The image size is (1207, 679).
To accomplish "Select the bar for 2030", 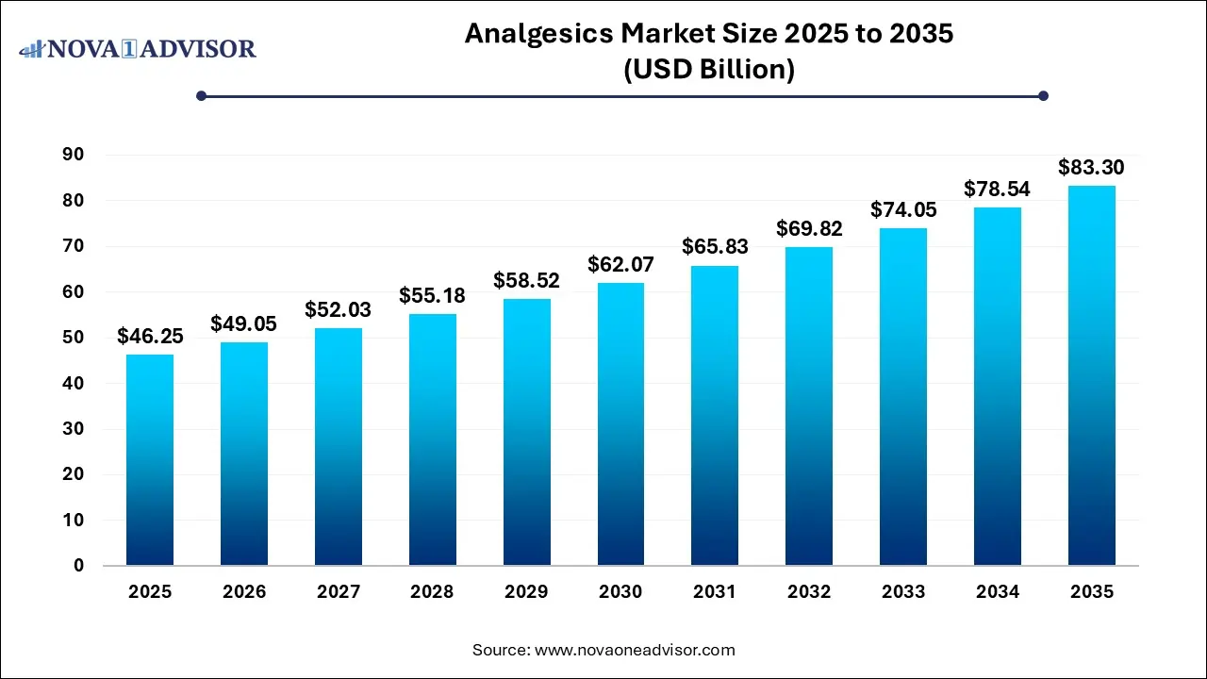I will click(620, 424).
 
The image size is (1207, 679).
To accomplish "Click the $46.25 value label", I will click(150, 336).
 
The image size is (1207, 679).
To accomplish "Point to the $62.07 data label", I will click(620, 264).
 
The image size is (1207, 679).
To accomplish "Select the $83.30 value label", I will click(1091, 168).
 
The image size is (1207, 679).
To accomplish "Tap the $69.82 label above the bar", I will click(809, 228).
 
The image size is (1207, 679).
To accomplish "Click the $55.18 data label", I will click(433, 295).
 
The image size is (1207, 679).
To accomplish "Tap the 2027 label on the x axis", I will click(339, 592).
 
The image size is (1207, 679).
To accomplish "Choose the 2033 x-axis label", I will click(903, 592).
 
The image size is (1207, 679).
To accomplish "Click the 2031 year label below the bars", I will click(715, 592).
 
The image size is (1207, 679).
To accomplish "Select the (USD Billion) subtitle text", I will click(709, 69).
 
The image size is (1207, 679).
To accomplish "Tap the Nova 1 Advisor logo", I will click(138, 48).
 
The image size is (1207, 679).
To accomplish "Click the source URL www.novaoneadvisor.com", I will click(635, 650).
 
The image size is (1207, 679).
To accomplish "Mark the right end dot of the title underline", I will click(1043, 95).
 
